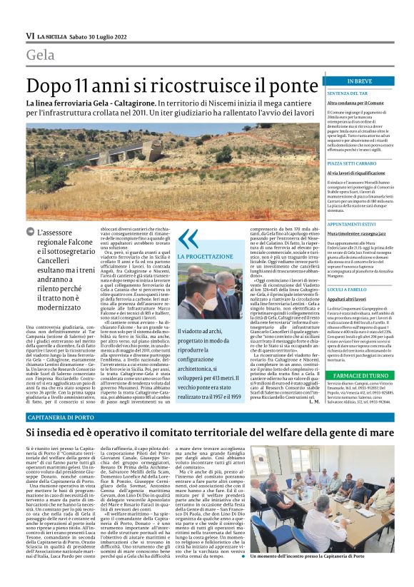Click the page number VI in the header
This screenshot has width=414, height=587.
30,36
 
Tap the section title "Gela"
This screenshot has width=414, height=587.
41,55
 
